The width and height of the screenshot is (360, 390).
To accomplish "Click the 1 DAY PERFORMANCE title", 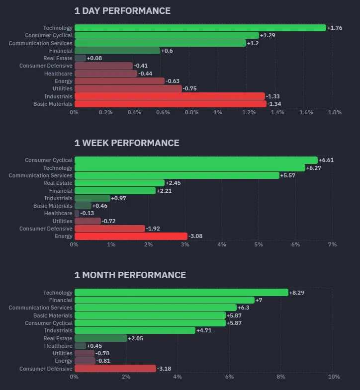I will click(x=122, y=11).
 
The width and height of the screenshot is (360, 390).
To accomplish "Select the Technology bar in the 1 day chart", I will click(x=200, y=28).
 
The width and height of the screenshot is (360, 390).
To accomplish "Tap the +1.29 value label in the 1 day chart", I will click(x=268, y=36).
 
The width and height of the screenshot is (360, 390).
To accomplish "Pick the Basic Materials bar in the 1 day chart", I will click(x=170, y=104).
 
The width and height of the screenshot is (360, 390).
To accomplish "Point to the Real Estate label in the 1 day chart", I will click(x=58, y=58).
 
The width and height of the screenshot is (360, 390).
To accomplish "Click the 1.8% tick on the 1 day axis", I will click(x=335, y=113).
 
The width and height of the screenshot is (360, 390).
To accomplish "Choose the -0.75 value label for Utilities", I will click(x=190, y=89).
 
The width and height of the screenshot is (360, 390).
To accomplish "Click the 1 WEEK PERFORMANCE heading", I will click(x=127, y=143).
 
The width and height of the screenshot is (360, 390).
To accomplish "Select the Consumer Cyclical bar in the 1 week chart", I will click(x=196, y=160).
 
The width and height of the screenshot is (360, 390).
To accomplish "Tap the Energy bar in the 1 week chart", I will click(x=131, y=236).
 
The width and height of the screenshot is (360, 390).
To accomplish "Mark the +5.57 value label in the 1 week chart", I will click(x=288, y=175).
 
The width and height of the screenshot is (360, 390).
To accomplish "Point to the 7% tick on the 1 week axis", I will click(x=333, y=244).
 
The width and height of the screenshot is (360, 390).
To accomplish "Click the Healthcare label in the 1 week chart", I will click(x=58, y=213).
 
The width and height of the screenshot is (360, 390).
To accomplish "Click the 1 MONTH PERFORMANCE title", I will click(x=130, y=275).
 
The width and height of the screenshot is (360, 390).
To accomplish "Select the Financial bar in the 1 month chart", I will click(x=164, y=300).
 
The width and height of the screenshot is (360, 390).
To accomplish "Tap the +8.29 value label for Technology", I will click(x=297, y=293).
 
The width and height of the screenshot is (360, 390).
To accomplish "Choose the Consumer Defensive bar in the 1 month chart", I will click(x=115, y=369).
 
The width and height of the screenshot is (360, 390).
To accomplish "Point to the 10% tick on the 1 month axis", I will click(x=334, y=377).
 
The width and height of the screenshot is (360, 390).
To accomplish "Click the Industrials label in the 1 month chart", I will click(x=58, y=330).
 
